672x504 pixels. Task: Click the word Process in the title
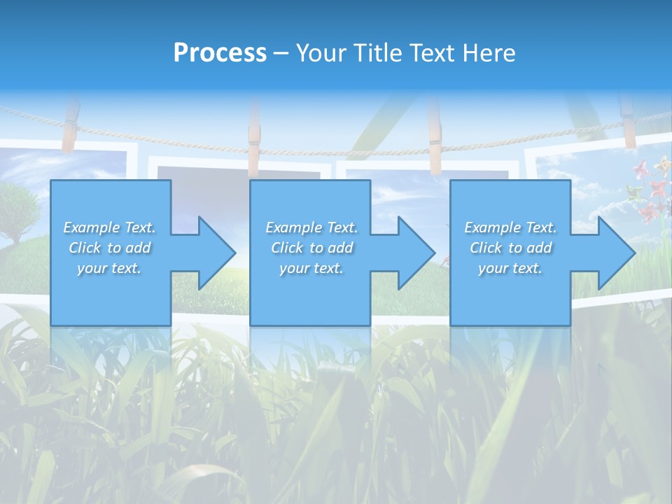tap(220, 52)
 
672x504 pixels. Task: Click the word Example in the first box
tap(92, 227)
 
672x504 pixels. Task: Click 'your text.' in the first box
tap(109, 268)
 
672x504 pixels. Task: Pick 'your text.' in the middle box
tap(311, 268)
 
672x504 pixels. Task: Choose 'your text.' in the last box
tap(510, 268)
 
